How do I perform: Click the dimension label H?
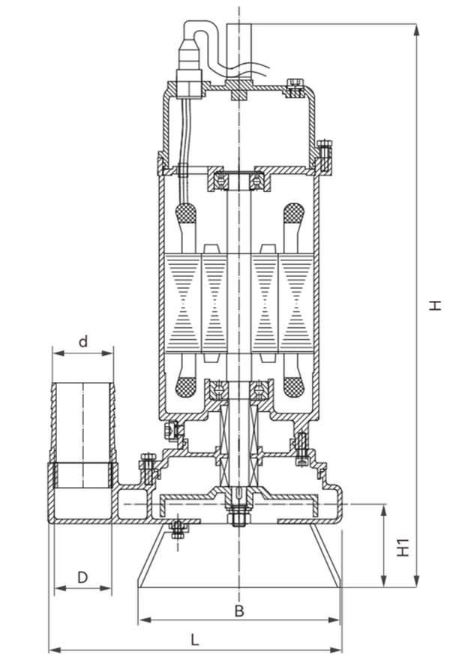pos(435,305)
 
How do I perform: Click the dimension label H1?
pos(403,548)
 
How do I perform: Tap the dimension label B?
pos(239,611)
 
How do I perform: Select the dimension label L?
pos(195,640)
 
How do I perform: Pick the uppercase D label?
pos(82,577)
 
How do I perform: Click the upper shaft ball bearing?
pos(238,180)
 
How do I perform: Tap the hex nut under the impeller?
pos(239,516)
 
